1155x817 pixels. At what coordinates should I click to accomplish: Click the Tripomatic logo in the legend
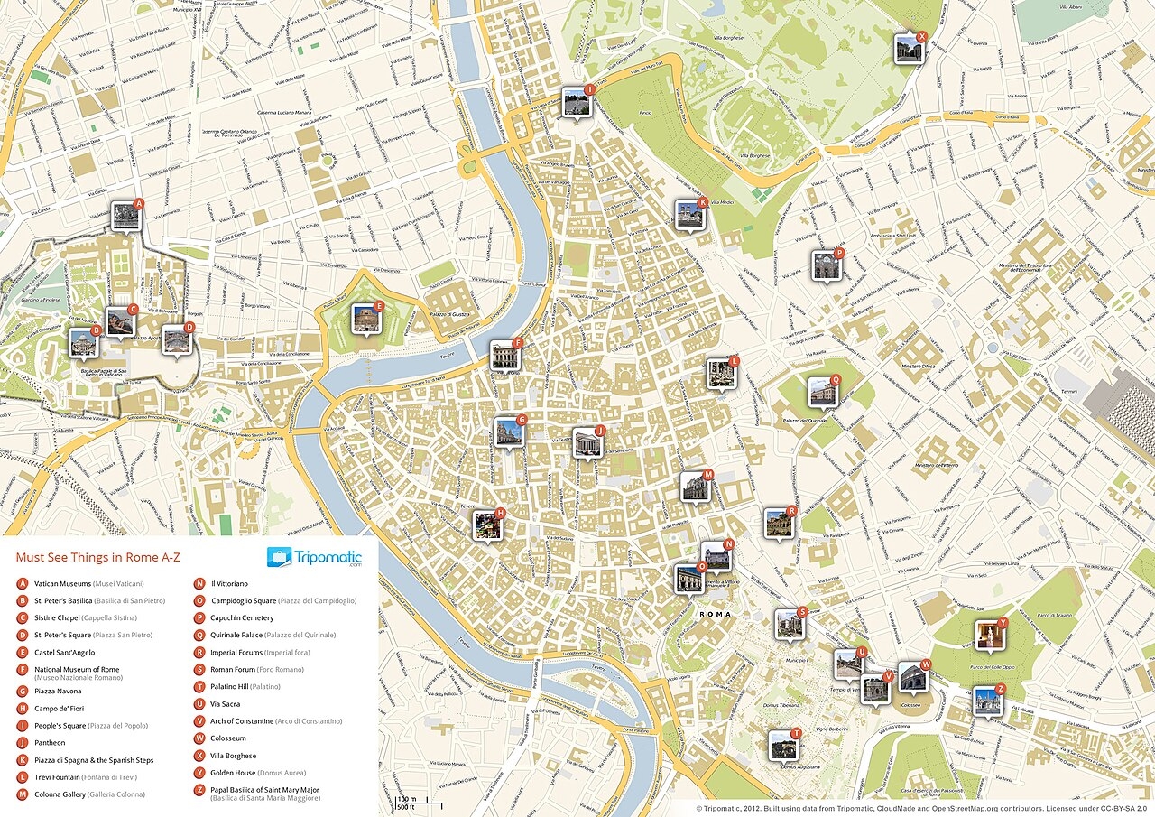tap(314, 556)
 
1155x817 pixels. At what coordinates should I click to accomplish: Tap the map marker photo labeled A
tap(125, 217)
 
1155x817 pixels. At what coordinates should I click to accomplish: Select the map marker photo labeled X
tap(908, 49)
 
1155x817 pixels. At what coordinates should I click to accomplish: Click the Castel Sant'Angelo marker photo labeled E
tap(365, 317)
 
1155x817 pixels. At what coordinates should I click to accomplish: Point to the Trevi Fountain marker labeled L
tap(721, 374)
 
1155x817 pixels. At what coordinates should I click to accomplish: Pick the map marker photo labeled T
tap(782, 745)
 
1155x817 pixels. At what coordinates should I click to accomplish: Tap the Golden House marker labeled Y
tap(990, 635)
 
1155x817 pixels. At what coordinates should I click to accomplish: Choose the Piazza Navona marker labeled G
tap(508, 432)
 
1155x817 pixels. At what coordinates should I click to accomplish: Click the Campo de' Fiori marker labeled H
tap(487, 525)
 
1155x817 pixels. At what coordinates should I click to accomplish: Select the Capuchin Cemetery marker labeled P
tap(826, 265)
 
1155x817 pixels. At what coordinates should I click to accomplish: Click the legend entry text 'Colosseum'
tap(227, 738)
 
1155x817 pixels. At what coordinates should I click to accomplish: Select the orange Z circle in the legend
tap(199, 790)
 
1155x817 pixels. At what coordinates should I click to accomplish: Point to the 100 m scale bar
tap(407, 801)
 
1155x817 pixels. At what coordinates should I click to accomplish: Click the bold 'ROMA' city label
tap(714, 614)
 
